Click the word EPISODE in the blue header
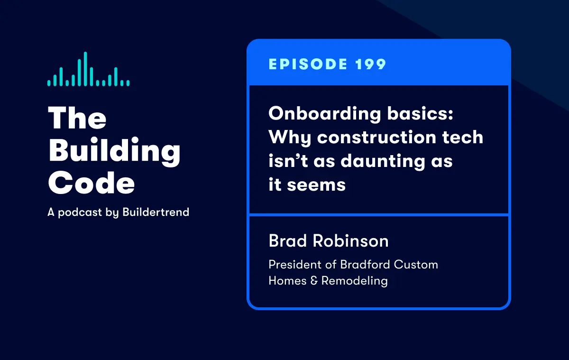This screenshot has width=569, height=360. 308,64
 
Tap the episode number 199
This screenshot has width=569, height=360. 371,64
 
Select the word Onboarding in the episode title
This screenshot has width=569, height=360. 325,114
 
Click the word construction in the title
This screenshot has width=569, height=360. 376,137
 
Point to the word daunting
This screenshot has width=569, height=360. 383,162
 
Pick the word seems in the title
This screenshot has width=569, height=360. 316,185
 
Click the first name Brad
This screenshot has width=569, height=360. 287,240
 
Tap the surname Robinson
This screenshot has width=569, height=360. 350,240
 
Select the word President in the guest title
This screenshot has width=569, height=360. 295,265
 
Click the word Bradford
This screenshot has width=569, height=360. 365,265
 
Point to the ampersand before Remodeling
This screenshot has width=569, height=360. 314,281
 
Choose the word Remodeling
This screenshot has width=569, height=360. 354,281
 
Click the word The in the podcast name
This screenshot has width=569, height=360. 77,118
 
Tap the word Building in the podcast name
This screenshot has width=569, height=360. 114,151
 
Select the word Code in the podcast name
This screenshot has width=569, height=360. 91,183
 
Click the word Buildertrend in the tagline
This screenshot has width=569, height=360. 156,212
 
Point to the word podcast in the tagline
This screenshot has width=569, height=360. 80,212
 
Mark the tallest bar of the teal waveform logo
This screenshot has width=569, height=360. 85,69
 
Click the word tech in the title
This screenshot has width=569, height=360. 463,137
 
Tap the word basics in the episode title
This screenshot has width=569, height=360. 420,113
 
